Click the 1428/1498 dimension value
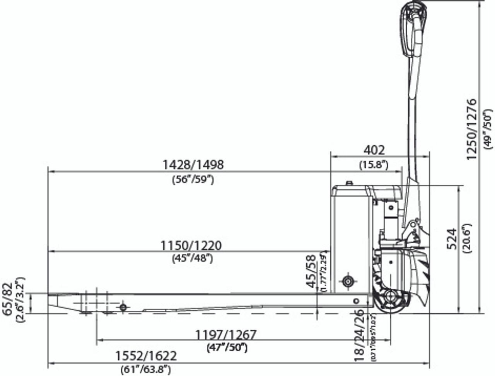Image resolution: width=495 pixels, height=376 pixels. [193, 165]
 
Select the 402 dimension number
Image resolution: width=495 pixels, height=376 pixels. [374, 150]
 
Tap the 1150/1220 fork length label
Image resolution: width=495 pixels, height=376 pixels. [191, 245]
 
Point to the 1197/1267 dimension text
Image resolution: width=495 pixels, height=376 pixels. [225, 334]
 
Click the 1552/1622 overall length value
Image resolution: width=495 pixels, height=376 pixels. [146, 356]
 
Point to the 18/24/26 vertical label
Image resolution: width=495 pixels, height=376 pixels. [359, 335]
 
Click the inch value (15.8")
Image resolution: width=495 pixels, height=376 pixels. [373, 165]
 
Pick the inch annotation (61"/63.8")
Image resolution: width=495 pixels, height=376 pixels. [146, 370]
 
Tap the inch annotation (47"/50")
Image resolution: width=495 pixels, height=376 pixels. [227, 347]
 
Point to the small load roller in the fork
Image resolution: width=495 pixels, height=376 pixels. [123, 307]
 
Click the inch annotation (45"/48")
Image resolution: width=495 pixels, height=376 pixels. [192, 259]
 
